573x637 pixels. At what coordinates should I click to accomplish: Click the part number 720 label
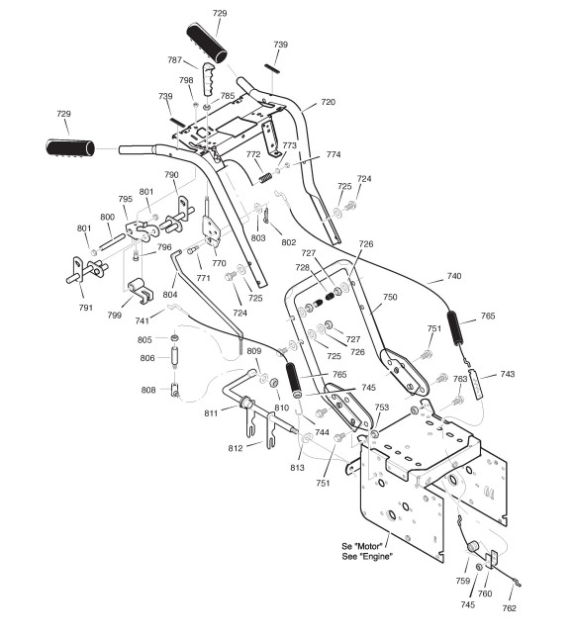328,102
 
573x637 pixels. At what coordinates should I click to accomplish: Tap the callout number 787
175,60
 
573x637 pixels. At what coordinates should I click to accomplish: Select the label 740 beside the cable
454,276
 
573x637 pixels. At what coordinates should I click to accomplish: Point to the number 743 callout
507,374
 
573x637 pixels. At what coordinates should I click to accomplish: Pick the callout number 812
236,448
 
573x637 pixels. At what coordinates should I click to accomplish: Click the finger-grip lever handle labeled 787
208,79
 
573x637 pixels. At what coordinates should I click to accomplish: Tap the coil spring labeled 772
266,178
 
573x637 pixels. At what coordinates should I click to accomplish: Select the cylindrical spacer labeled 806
175,357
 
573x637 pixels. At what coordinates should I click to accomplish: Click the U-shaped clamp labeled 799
140,291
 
